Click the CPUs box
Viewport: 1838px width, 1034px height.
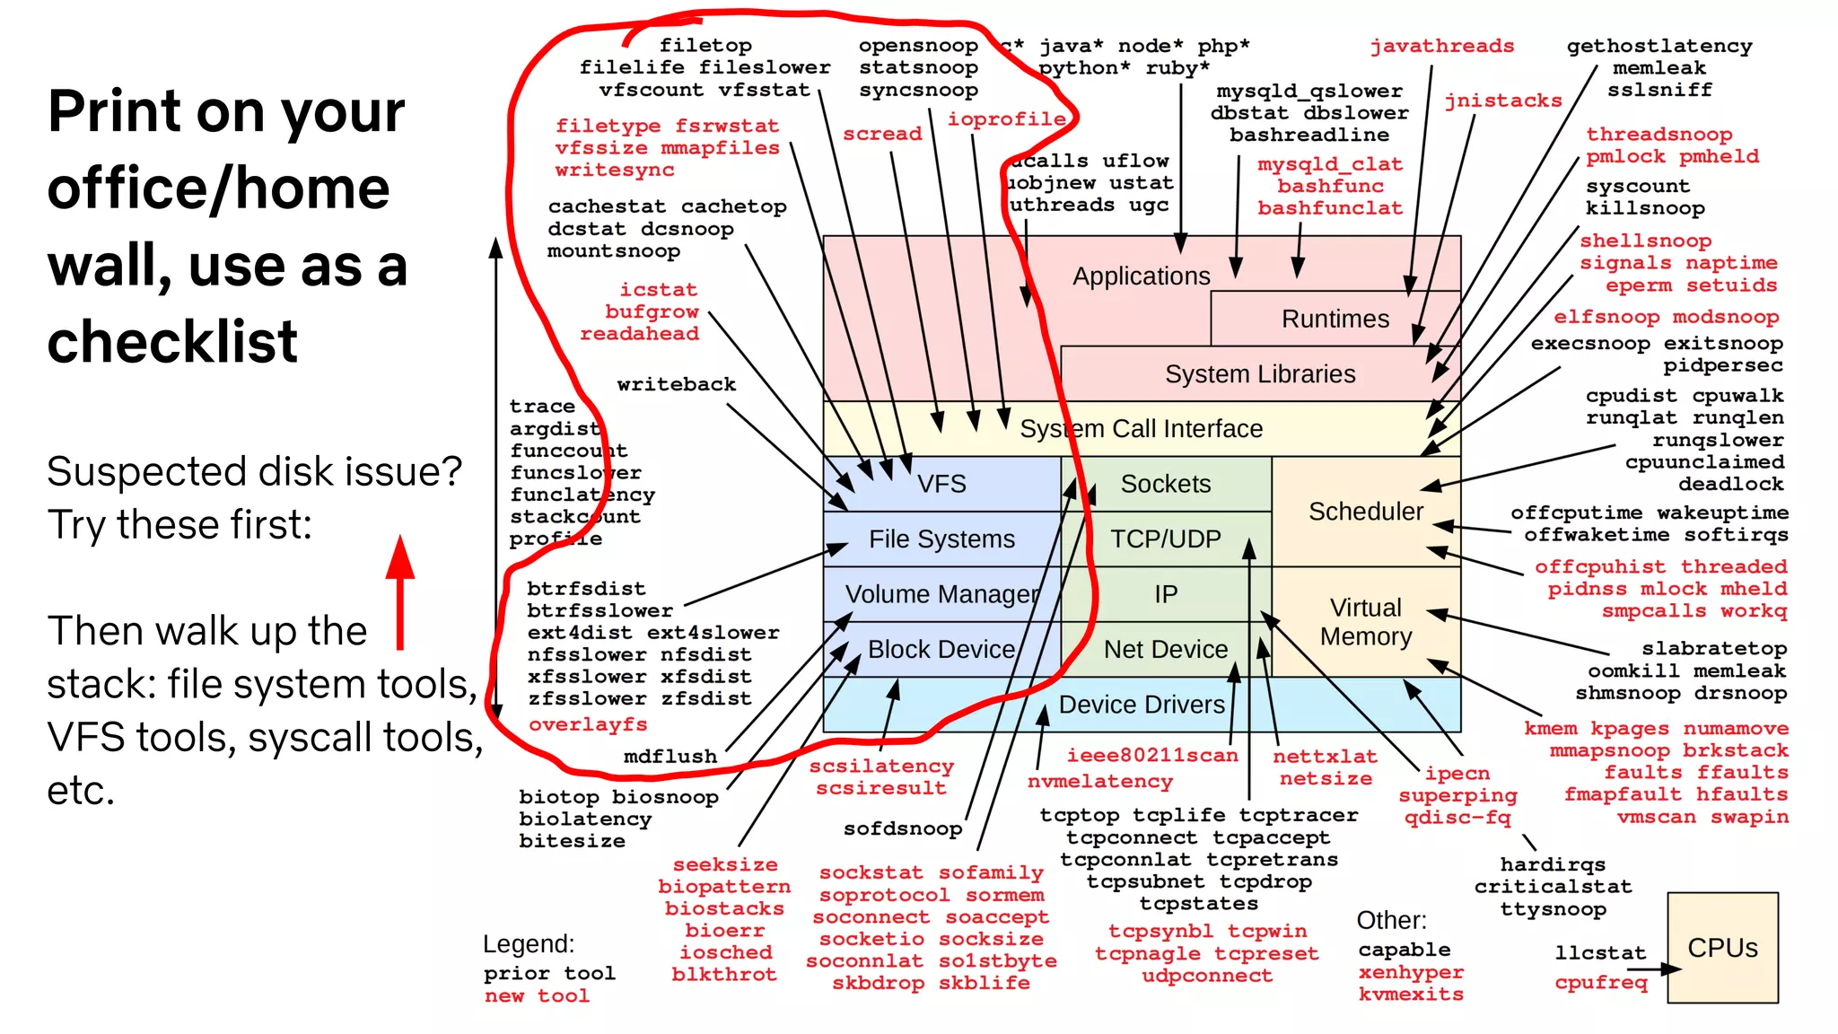1722,948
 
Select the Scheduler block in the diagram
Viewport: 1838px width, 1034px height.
1365,512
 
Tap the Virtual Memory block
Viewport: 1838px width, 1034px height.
1365,622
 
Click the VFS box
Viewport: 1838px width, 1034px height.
941,484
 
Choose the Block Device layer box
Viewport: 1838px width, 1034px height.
941,649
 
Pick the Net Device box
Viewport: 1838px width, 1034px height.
1165,649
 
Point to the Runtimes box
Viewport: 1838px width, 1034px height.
1335,319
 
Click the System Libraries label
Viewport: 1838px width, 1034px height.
1259,373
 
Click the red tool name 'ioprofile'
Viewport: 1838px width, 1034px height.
1006,118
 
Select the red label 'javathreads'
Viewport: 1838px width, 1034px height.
1441,46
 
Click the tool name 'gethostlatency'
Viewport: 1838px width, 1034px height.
1659,46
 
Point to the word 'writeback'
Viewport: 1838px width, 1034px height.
676,384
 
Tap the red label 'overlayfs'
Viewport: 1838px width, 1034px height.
588,724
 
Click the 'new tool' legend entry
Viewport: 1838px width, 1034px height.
537,995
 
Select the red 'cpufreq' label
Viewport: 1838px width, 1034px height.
1601,982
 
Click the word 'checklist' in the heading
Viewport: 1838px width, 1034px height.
172,342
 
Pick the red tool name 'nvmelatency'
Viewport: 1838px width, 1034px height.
1099,781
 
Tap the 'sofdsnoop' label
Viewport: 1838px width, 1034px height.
902,828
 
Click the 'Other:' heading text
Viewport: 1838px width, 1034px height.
1391,920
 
